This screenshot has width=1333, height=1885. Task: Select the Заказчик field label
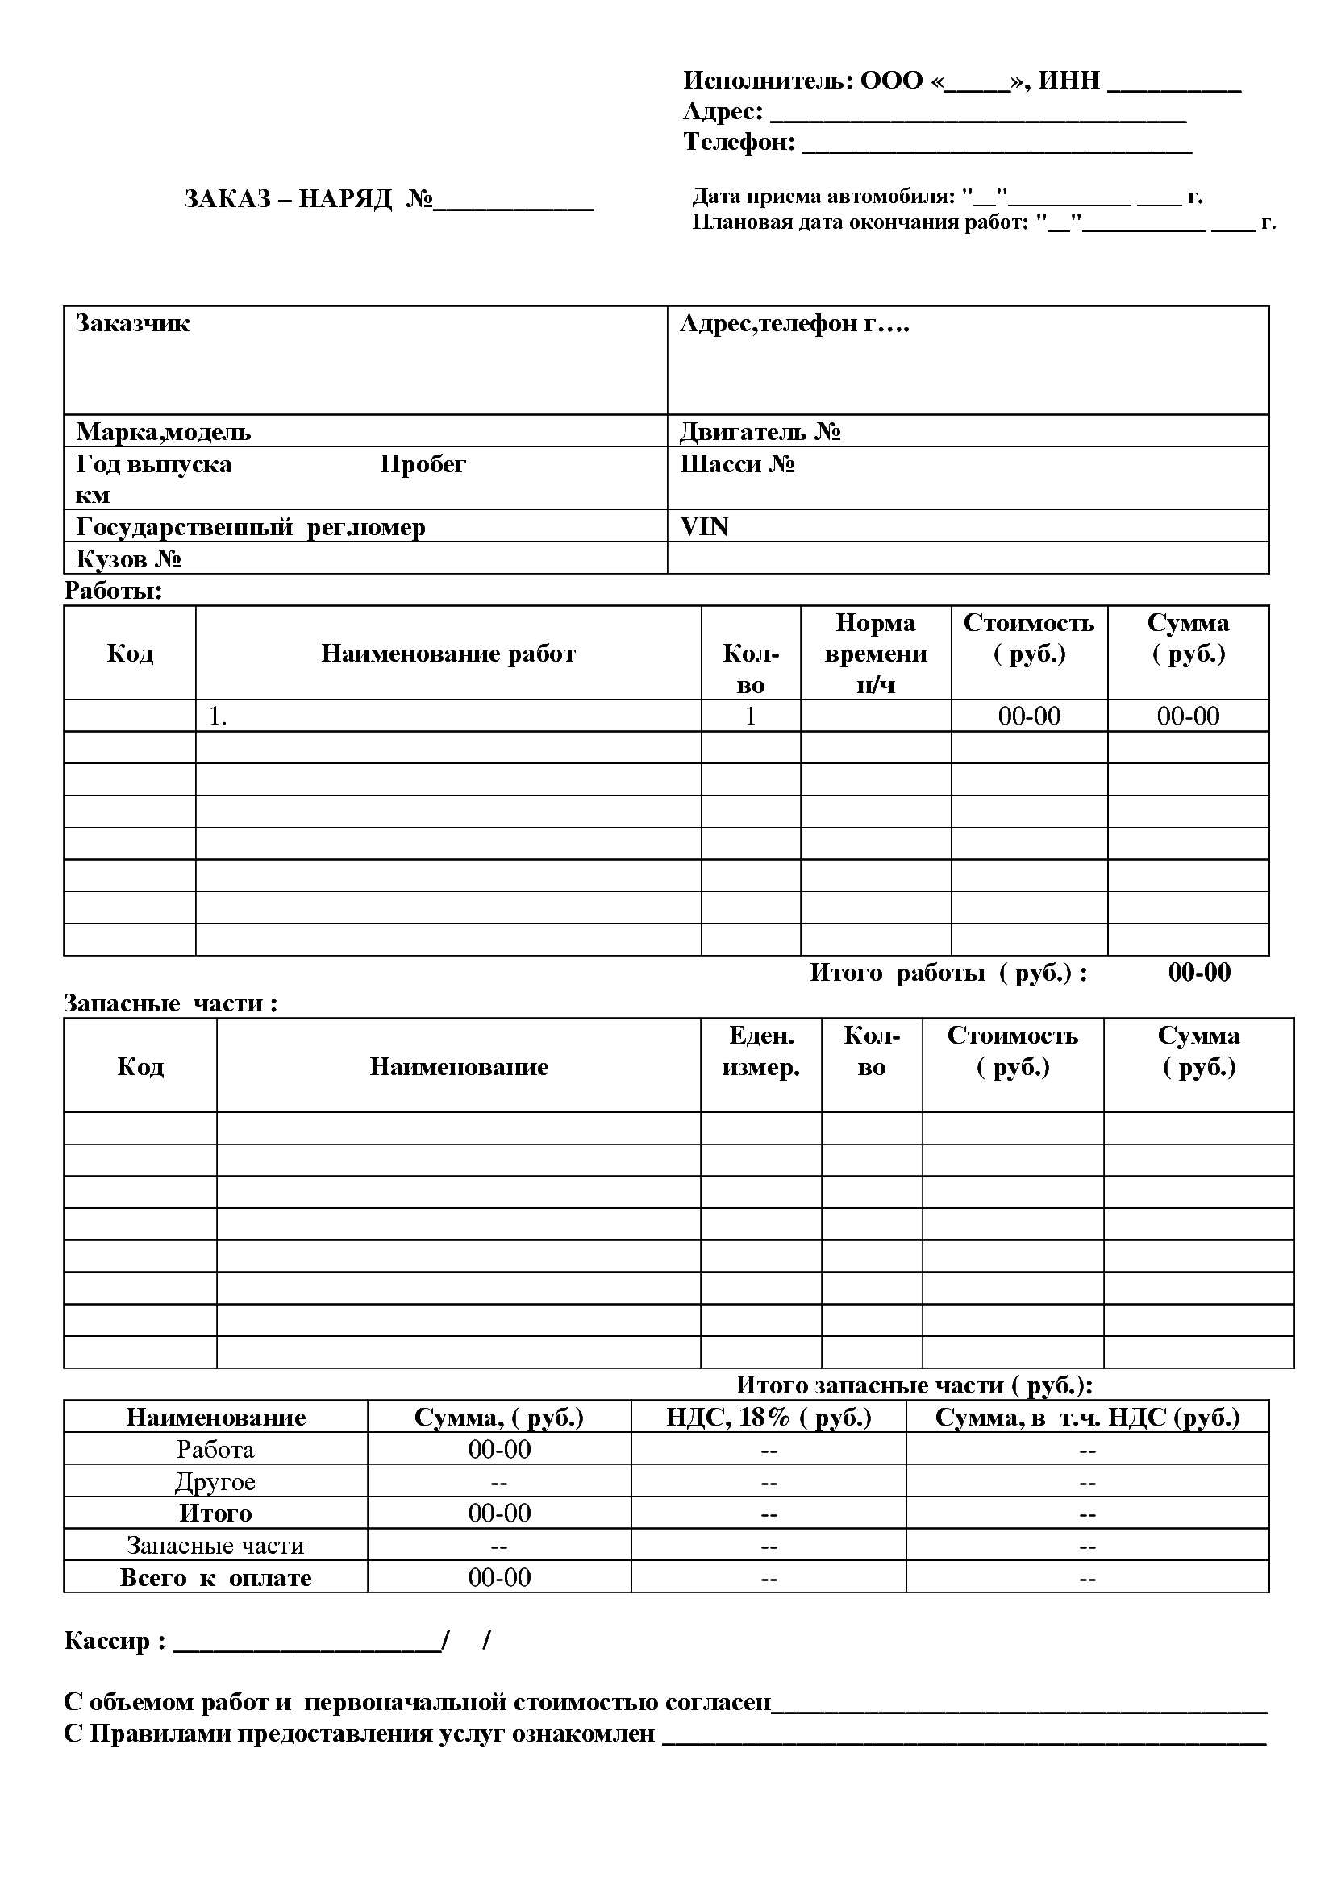pos(132,323)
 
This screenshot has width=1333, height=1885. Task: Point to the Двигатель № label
pos(760,432)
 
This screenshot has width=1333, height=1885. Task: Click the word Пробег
pos(423,465)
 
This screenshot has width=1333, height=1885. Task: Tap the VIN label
pos(704,526)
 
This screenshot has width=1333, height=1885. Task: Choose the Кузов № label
pos(128,559)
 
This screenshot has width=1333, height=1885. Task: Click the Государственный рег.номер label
pos(251,527)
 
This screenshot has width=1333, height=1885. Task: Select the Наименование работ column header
pos(448,654)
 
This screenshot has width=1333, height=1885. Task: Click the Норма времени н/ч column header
pos(876,654)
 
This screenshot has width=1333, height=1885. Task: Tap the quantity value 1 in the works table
pos(750,716)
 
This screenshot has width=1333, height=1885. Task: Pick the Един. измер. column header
pos(760,1052)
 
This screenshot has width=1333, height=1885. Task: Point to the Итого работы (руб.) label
pos(948,973)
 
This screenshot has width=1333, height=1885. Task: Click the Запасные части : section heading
pos(171,1003)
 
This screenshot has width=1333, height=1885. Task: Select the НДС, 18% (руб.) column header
pos(768,1418)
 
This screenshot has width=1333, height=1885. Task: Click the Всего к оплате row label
pos(215,1578)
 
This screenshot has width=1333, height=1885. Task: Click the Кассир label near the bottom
pos(115,1641)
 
